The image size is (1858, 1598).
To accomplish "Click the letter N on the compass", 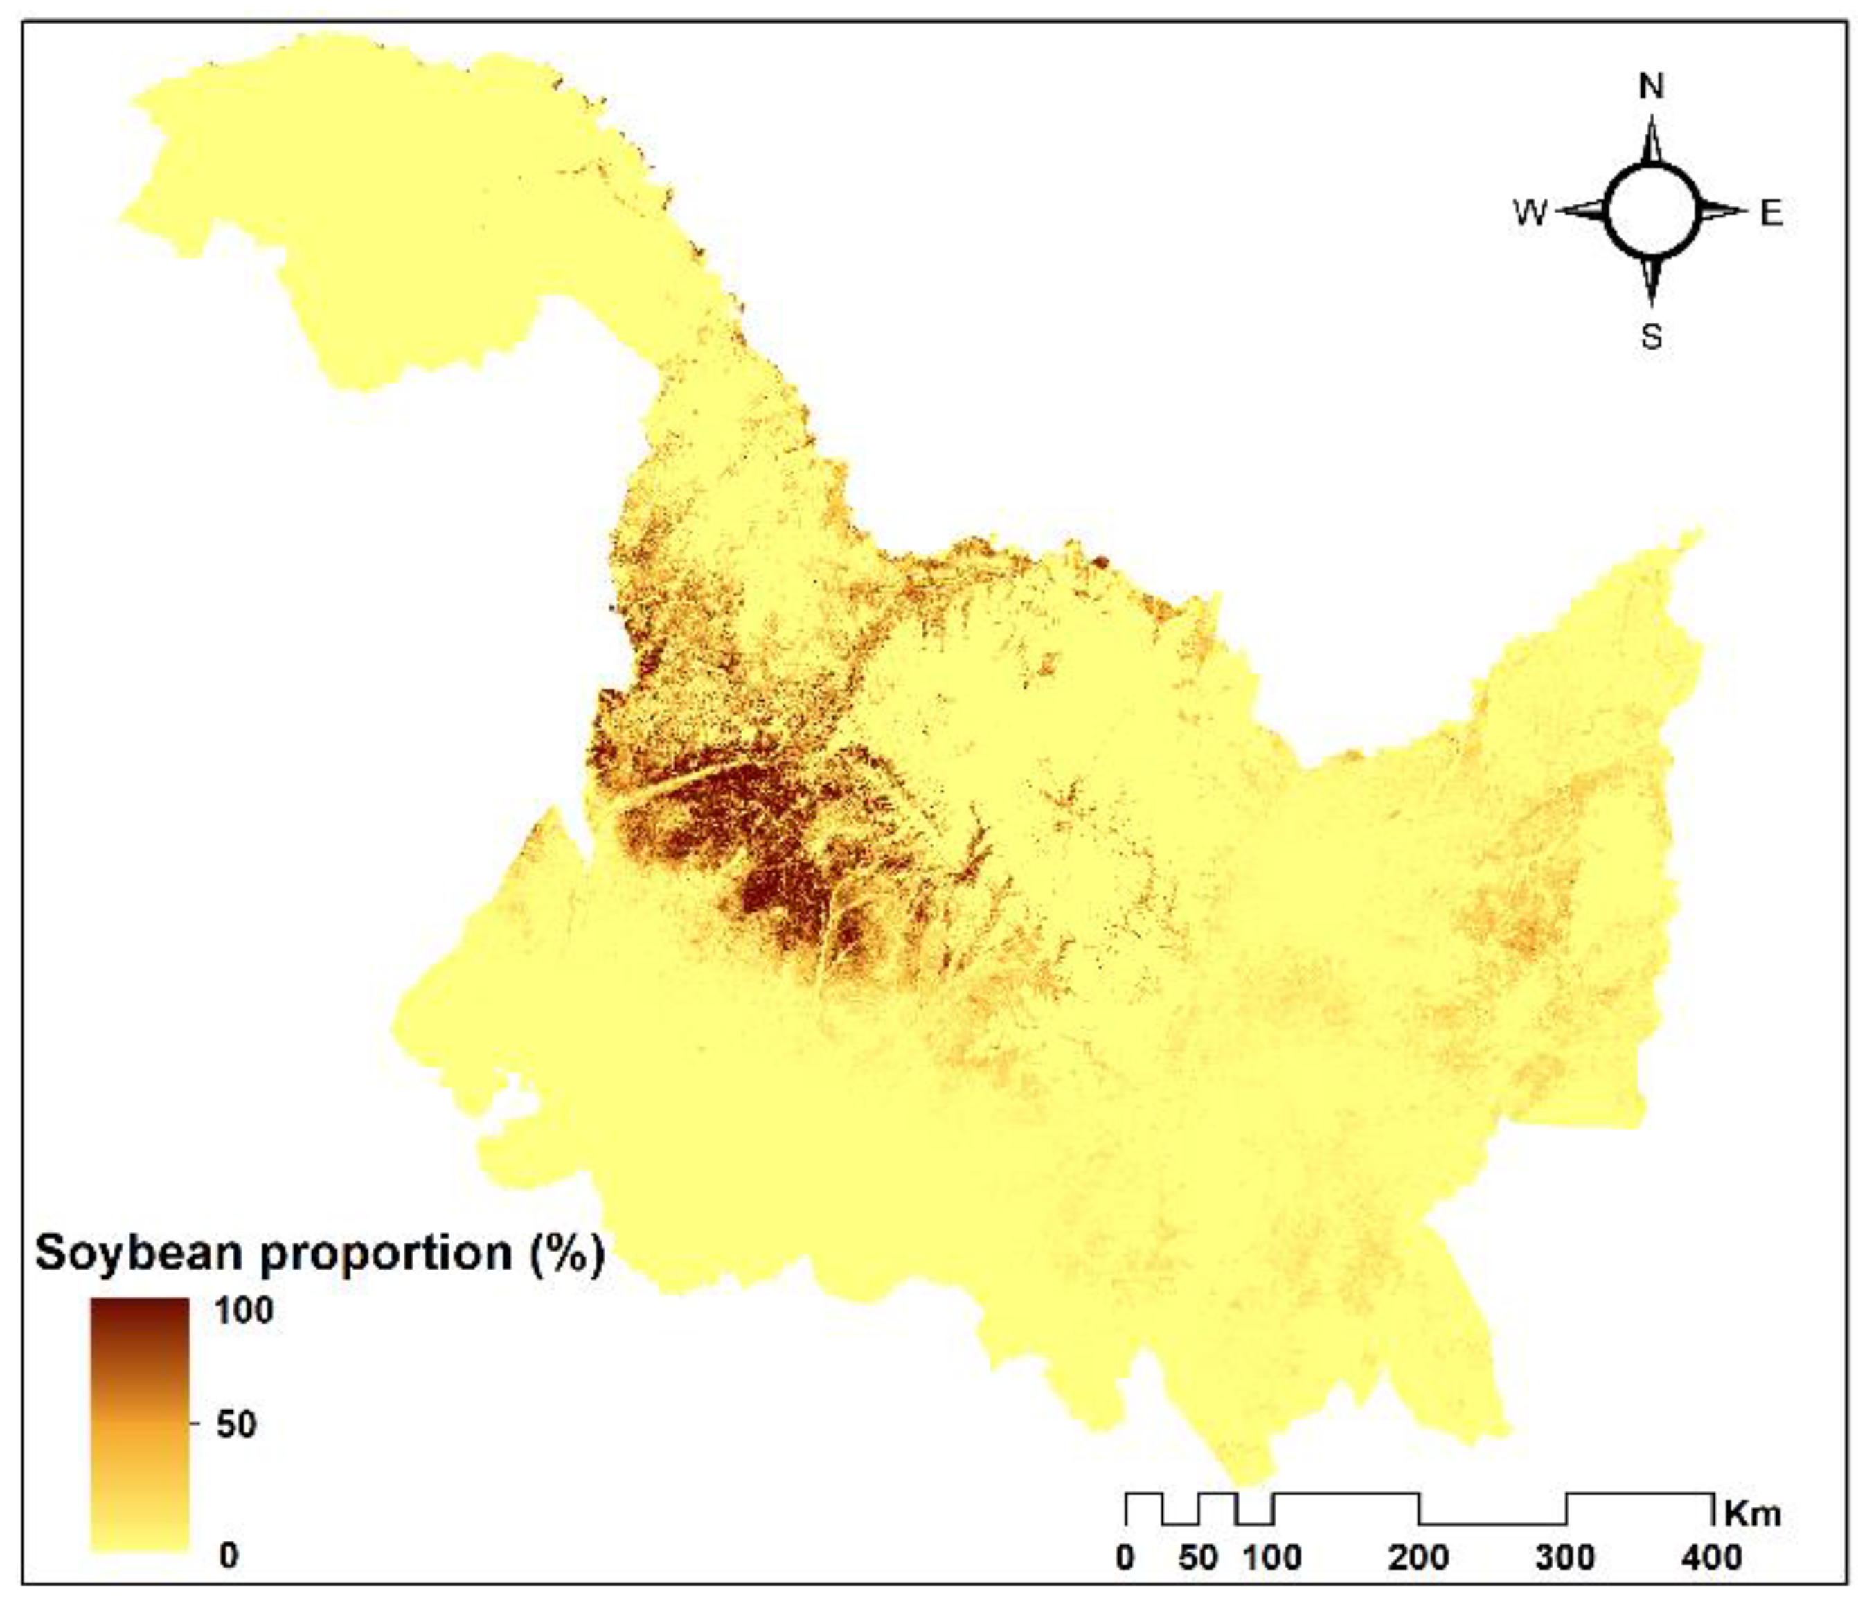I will tap(1651, 87).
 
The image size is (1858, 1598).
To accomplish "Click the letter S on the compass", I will tap(1651, 337).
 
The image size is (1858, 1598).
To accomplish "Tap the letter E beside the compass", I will tap(1771, 213).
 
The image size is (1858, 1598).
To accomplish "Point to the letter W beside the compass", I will tap(1530, 213).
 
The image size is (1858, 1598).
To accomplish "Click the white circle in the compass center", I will tap(1651, 213).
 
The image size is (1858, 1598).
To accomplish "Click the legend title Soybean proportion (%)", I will tap(319, 1254).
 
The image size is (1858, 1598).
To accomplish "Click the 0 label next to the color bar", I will tap(229, 1555).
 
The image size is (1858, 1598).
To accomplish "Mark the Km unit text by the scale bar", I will tap(1751, 1515).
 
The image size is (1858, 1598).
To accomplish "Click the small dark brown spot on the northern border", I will tap(1101, 562).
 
